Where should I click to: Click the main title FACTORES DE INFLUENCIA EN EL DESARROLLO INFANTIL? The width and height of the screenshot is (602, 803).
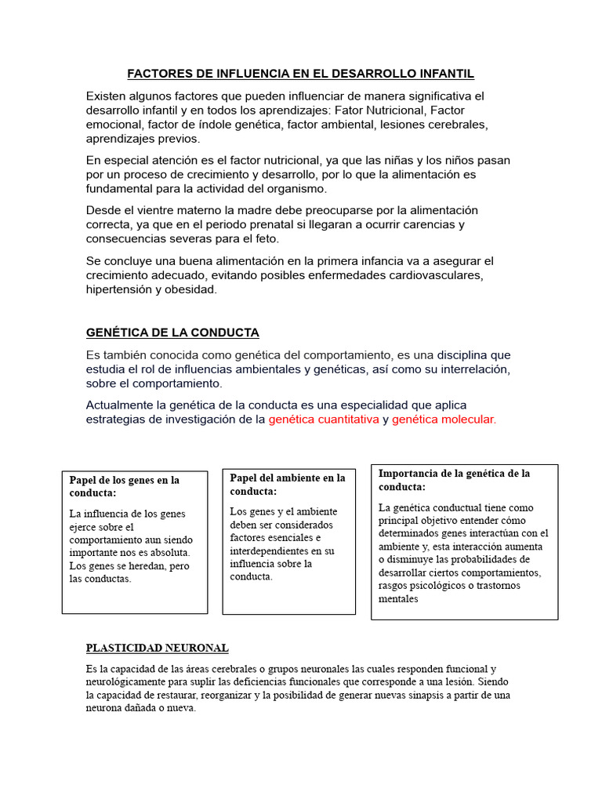tap(301, 74)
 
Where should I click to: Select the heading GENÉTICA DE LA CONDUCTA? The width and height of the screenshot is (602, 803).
tap(172, 332)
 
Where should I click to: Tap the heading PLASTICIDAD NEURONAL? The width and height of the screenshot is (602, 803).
tap(157, 648)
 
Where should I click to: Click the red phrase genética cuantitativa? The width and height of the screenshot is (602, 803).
tap(324, 420)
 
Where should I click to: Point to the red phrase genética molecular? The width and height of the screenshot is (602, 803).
tap(444, 420)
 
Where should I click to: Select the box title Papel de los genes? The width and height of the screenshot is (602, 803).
tap(125, 486)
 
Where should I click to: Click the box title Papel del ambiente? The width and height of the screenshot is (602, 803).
tap(287, 484)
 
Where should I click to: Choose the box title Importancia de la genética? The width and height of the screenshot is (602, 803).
tap(454, 479)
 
